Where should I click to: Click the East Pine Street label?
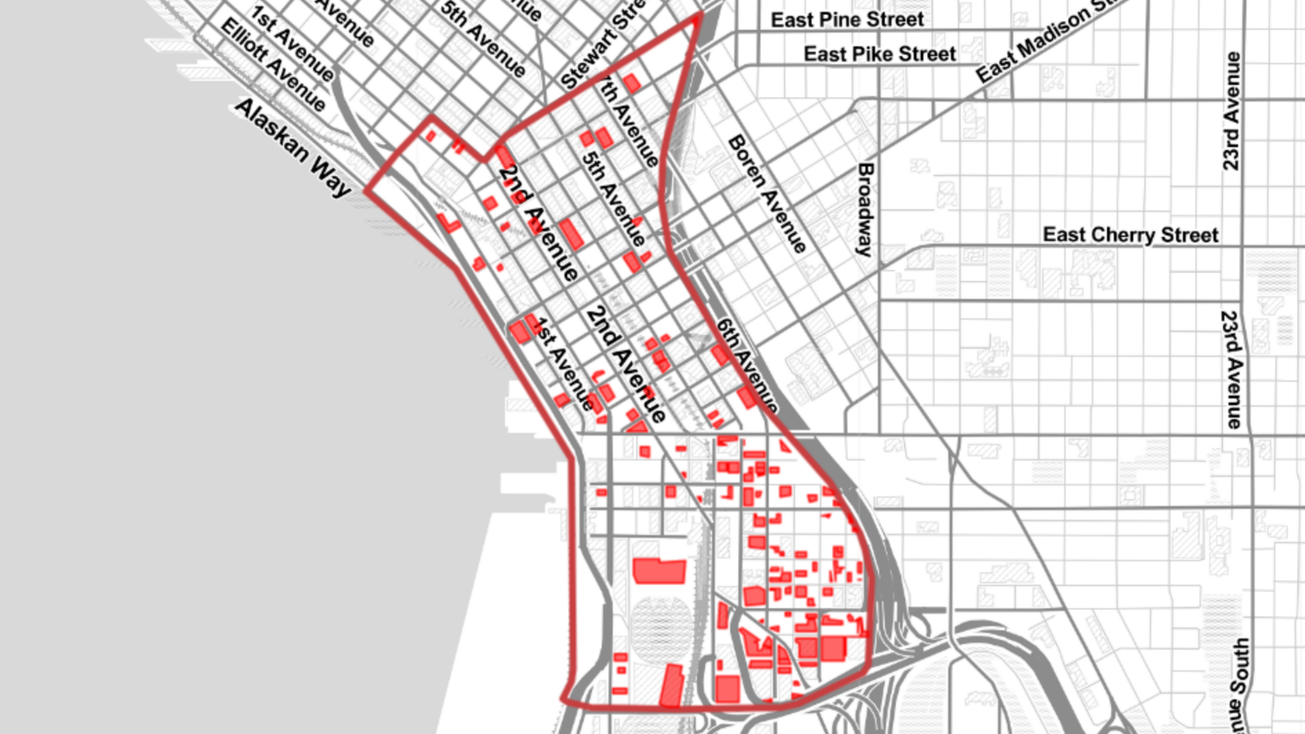coord(847,20)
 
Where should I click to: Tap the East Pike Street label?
coord(879,54)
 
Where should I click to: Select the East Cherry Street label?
coord(1130,235)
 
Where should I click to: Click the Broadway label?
coord(865,209)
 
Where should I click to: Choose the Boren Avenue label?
coord(767,194)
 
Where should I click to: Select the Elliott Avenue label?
coord(273,64)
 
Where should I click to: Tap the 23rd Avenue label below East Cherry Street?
coord(1231,369)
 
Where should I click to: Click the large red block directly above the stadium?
coord(659,570)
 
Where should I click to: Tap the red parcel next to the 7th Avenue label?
coord(632,83)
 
